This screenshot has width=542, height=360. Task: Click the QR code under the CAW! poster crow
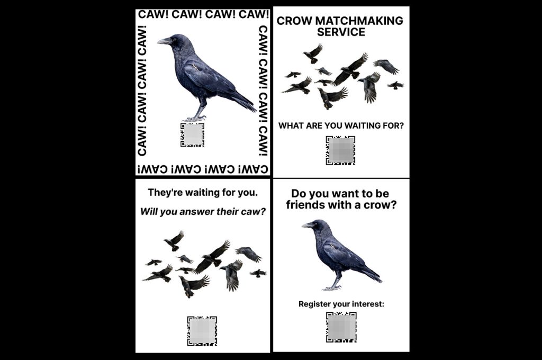[192, 134]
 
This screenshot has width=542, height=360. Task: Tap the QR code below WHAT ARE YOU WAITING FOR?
[340, 150]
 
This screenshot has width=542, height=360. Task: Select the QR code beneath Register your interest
[341, 327]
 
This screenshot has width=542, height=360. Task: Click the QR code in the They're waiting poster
[202, 331]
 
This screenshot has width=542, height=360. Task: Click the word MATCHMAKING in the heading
[359, 21]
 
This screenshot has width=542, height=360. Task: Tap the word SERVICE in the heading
[341, 32]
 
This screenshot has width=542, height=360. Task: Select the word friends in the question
[305, 205]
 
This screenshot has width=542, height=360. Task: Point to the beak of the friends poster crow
[307, 225]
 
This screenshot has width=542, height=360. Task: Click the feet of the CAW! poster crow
[194, 119]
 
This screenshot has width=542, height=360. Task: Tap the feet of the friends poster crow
[332, 287]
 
